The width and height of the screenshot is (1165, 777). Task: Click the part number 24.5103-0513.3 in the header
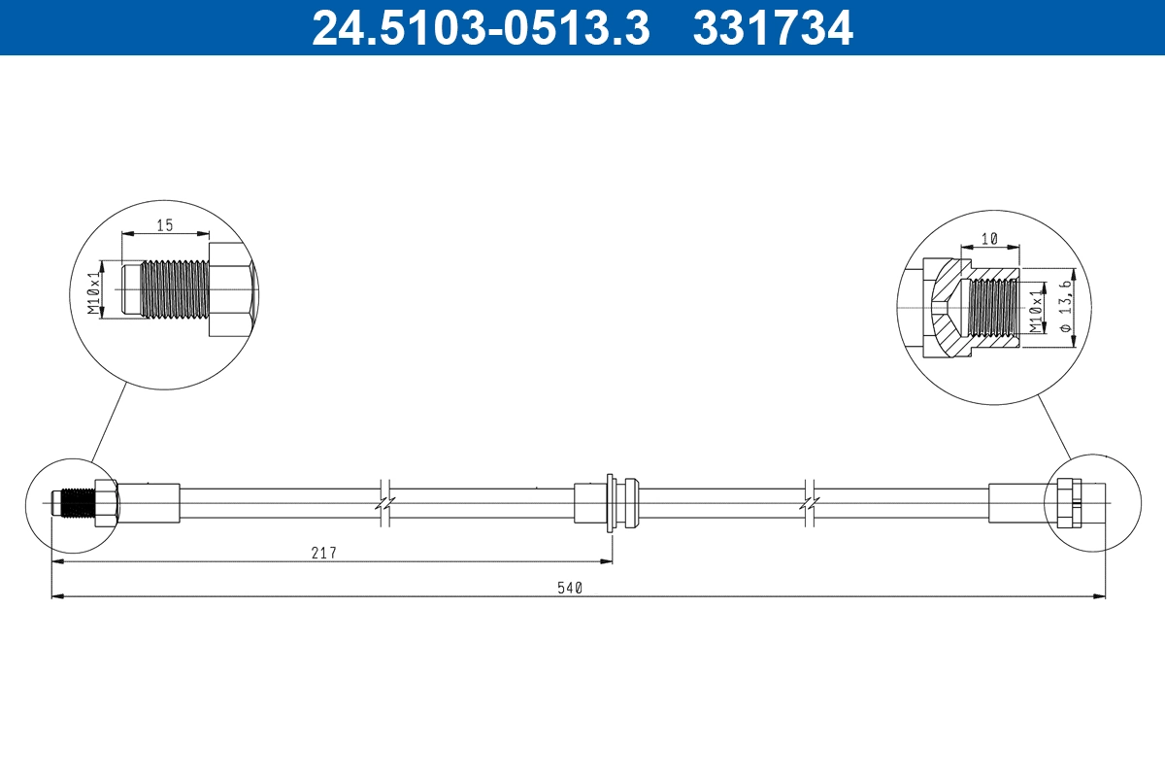(480, 27)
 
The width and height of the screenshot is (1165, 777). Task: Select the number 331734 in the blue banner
(772, 27)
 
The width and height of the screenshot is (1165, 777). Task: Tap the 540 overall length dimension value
(569, 587)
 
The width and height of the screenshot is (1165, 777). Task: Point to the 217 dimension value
(323, 553)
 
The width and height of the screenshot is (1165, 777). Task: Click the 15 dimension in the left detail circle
(164, 224)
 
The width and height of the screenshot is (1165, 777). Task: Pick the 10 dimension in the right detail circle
(989, 238)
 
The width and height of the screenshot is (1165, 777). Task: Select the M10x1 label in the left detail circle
(94, 288)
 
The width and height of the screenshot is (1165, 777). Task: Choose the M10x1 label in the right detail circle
(1036, 308)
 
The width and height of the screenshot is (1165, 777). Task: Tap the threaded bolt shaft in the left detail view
(174, 288)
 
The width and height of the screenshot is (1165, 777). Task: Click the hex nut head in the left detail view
(231, 289)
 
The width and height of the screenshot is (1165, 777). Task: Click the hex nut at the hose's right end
(1068, 502)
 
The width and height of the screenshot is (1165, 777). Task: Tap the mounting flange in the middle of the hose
(609, 502)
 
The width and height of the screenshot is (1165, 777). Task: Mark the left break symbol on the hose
(385, 502)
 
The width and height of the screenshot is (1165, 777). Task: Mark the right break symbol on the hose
(811, 502)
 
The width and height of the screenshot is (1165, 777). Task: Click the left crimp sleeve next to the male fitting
(149, 502)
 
